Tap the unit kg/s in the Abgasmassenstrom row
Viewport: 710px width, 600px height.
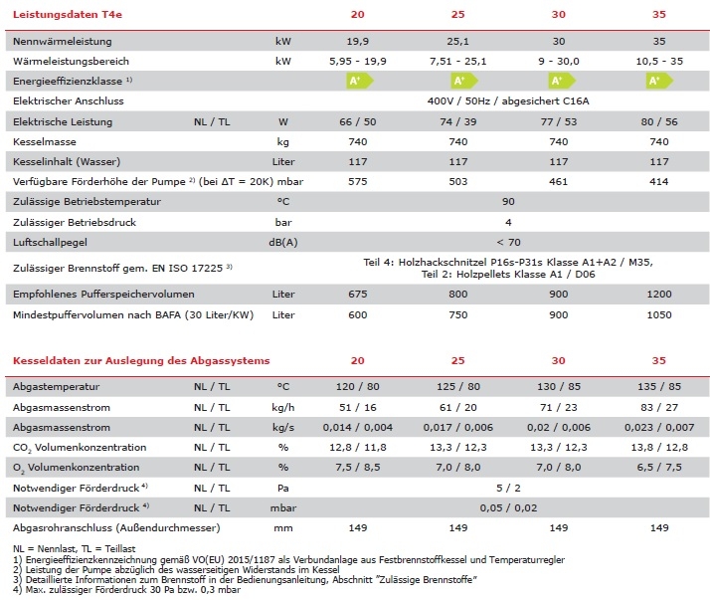pos(283,426)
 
